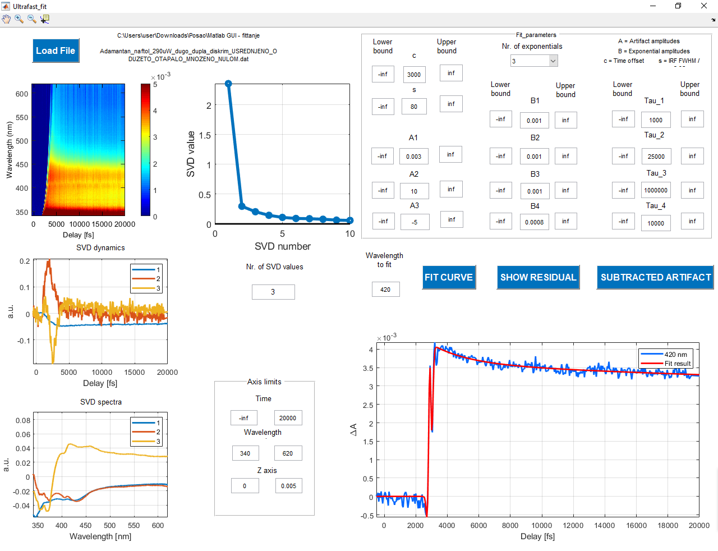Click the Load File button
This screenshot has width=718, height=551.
coord(56,50)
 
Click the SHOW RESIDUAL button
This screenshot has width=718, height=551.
coord(538,277)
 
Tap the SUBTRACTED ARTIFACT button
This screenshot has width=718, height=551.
coord(655,277)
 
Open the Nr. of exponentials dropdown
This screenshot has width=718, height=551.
coord(534,61)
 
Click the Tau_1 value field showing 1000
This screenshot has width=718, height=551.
coord(656,120)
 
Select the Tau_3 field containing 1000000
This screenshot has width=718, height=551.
coord(656,190)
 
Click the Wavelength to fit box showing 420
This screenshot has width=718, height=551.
coord(385,290)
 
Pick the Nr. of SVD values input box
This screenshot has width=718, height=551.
coord(273,292)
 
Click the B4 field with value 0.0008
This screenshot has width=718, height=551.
coord(534,222)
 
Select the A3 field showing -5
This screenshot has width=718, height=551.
coord(415,222)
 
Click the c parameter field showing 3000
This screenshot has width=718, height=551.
coord(414,75)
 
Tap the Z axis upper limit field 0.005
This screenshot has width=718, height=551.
coord(288,486)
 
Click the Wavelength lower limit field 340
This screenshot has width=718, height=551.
coord(245,453)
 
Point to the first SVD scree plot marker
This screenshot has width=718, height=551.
coord(228,84)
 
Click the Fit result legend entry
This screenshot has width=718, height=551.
coord(677,364)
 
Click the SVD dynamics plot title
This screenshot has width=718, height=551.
coord(100,247)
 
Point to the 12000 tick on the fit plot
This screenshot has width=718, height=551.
coord(573,525)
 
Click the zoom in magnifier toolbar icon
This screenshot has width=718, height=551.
coord(19,19)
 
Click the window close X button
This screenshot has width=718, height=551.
coord(704,6)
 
